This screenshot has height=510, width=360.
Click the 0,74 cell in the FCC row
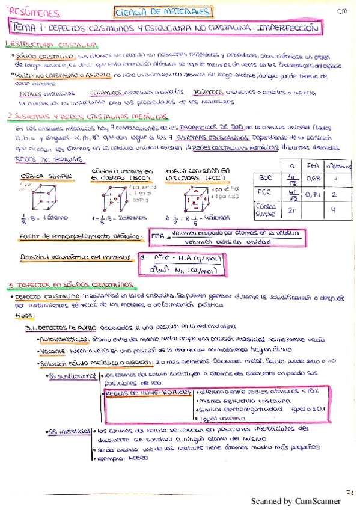(311, 194)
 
